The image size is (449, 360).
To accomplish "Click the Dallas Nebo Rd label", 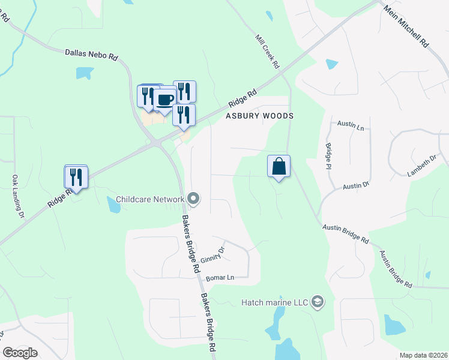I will tap(91, 55).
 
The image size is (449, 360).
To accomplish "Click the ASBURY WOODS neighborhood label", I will tap(259, 116).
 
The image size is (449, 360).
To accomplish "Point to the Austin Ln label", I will tap(351, 127).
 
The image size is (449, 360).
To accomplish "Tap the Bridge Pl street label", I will tap(328, 155).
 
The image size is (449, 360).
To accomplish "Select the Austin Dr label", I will tap(355, 187).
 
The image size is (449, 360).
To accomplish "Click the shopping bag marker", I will tap(279, 166).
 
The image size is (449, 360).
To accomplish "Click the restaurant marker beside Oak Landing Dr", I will tap(76, 176).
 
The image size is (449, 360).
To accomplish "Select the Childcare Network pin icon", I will tap(193, 197).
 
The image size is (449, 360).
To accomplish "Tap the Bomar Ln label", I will tap(219, 278).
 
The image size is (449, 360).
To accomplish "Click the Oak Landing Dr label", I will tap(17, 196).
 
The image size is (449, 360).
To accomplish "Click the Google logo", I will tap(20, 353).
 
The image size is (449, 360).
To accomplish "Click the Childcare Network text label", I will tap(149, 199).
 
